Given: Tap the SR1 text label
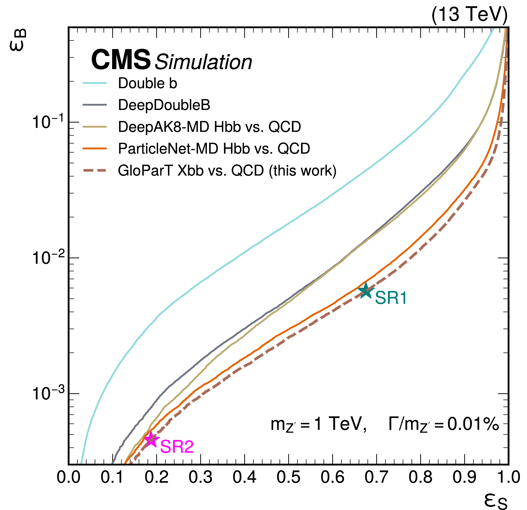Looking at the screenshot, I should point(391,298).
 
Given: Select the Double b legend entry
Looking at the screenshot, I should point(147,83).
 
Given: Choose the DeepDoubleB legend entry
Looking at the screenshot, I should point(164,105).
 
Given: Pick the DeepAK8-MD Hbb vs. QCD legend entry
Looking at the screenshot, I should point(209,127).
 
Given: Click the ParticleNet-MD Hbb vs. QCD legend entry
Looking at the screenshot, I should point(214,148).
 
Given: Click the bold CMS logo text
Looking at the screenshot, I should point(121,60).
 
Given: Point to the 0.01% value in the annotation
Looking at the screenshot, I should point(473,425).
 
